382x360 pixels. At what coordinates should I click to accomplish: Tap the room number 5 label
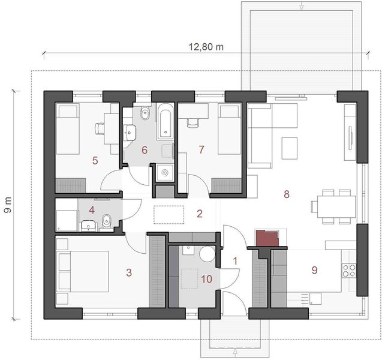(x=95, y=160)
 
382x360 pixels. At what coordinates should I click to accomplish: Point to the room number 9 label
(x=314, y=270)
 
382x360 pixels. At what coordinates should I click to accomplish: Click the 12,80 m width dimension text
(x=203, y=46)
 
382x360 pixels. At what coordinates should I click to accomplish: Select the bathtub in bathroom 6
(x=164, y=122)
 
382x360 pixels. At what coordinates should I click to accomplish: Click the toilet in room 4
(x=106, y=220)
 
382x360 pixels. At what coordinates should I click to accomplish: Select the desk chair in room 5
(x=100, y=127)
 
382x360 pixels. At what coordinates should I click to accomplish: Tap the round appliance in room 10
(x=207, y=254)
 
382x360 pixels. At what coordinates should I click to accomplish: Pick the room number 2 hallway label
(x=200, y=213)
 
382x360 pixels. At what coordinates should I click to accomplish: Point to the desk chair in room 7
(x=192, y=122)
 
